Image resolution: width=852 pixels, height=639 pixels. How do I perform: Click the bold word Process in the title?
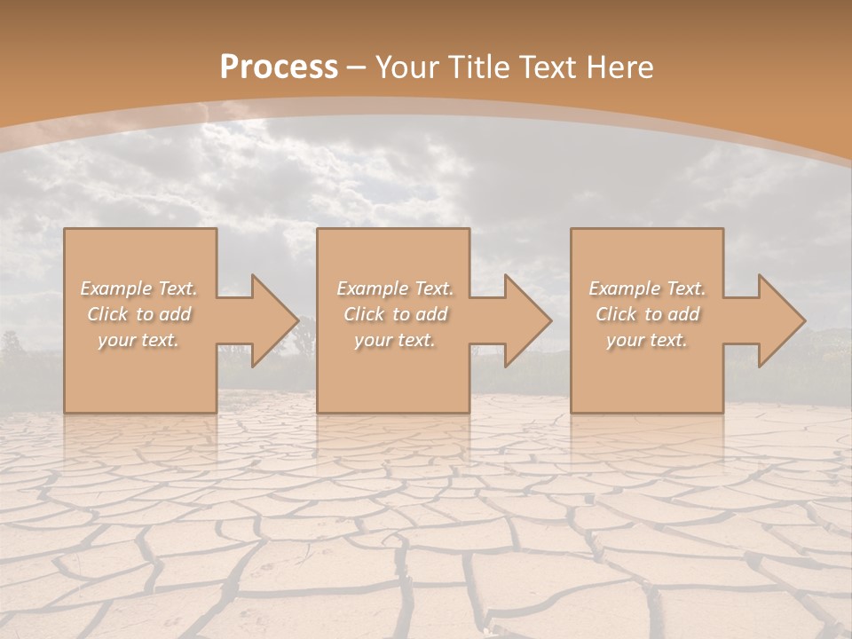point(279,67)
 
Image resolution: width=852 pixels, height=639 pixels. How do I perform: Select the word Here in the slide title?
point(618,67)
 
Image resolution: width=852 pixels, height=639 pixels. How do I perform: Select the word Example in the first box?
point(115,288)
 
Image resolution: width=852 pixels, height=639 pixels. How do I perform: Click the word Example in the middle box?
point(372,288)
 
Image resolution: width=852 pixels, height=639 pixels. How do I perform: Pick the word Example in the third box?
point(624,288)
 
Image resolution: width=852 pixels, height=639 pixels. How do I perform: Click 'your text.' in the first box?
point(138,340)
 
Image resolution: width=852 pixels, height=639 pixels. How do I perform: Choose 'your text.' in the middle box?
point(395,340)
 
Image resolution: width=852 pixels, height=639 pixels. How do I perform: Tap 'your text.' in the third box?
point(647,340)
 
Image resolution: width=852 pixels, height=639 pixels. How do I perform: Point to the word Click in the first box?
point(106,314)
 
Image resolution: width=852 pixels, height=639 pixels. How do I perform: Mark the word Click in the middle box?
point(363,314)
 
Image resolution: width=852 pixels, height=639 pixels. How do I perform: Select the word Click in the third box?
point(615,314)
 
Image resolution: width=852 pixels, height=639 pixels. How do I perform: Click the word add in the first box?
point(176,314)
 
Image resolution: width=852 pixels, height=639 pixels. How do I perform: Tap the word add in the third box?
point(684,314)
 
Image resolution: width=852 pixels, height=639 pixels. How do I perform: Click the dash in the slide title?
point(357,67)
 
